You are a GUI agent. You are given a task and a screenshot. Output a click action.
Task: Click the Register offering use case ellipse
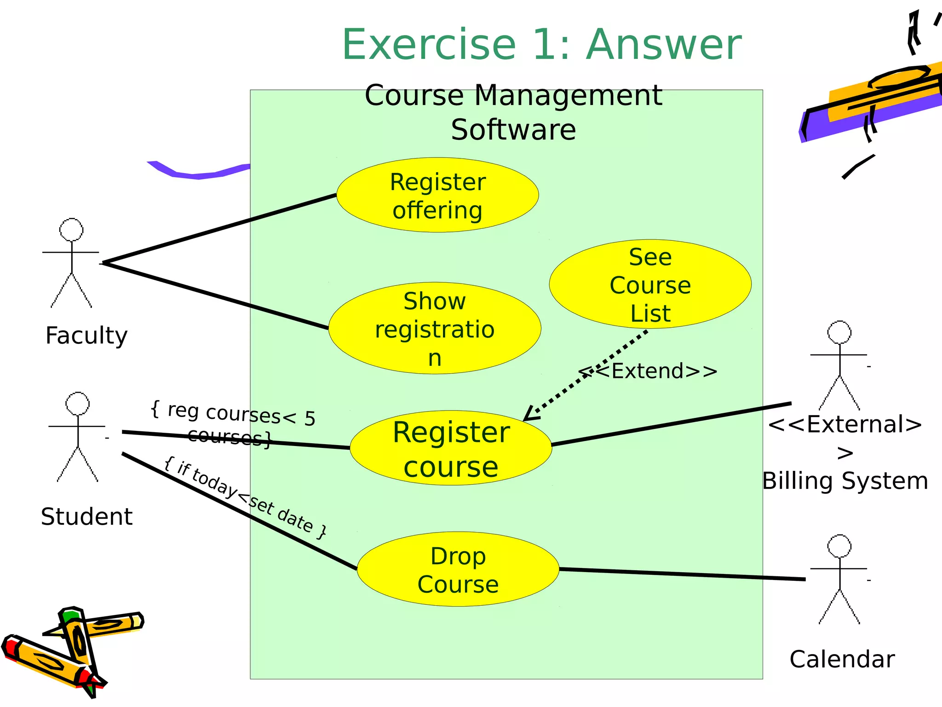pos(437,195)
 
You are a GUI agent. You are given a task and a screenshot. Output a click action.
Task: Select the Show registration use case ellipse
pos(435,328)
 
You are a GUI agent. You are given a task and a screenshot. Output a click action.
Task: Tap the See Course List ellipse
pos(650,284)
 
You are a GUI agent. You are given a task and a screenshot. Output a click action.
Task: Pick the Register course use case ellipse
pos(451,448)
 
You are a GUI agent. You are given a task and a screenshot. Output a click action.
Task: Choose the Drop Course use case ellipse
pos(458,569)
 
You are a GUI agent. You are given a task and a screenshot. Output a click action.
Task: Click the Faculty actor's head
pos(71,230)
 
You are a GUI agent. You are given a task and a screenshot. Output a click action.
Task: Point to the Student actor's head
pos(78,404)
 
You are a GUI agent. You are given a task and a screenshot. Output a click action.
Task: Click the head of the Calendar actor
pos(839,546)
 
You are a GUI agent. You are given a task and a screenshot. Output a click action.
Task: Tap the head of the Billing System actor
pos(839,332)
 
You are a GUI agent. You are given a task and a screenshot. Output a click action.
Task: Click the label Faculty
pos(86,336)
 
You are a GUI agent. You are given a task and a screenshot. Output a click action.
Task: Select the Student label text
pos(86,516)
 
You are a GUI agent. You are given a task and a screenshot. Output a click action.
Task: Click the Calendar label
pos(842,659)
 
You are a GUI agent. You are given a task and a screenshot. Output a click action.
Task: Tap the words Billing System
pos(845,481)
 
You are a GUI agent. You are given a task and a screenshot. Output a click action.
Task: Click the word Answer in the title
pos(664,45)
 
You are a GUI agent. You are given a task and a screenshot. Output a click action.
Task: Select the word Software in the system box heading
pos(513,130)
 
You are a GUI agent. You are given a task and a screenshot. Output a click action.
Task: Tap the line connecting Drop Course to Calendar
pos(681,574)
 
